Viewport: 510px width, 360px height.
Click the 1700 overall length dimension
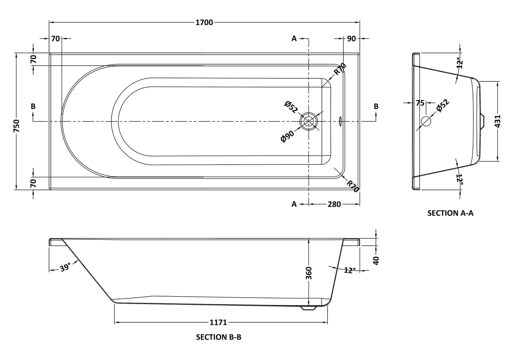pos(204,23)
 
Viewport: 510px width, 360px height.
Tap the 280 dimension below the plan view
pos(334,204)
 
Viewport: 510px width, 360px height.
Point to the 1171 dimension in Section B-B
pos(218,322)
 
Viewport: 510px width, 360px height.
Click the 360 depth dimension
pos(308,273)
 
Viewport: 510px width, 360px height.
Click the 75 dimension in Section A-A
pos(420,103)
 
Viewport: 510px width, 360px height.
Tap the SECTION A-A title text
pos(450,213)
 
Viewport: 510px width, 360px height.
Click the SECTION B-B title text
pos(218,337)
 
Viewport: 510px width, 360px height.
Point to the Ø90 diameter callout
pos(288,136)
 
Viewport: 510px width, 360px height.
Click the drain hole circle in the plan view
pos(309,121)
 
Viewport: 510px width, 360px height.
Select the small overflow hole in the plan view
pos(341,121)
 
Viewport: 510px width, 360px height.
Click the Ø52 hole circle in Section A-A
pos(426,121)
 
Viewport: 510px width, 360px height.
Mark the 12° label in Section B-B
pos(349,270)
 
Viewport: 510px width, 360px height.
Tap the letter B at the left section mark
pos(33,106)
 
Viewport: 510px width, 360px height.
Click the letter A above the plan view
pos(294,39)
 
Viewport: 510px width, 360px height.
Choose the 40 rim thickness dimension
pos(376,261)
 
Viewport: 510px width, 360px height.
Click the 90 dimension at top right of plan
pos(351,39)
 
